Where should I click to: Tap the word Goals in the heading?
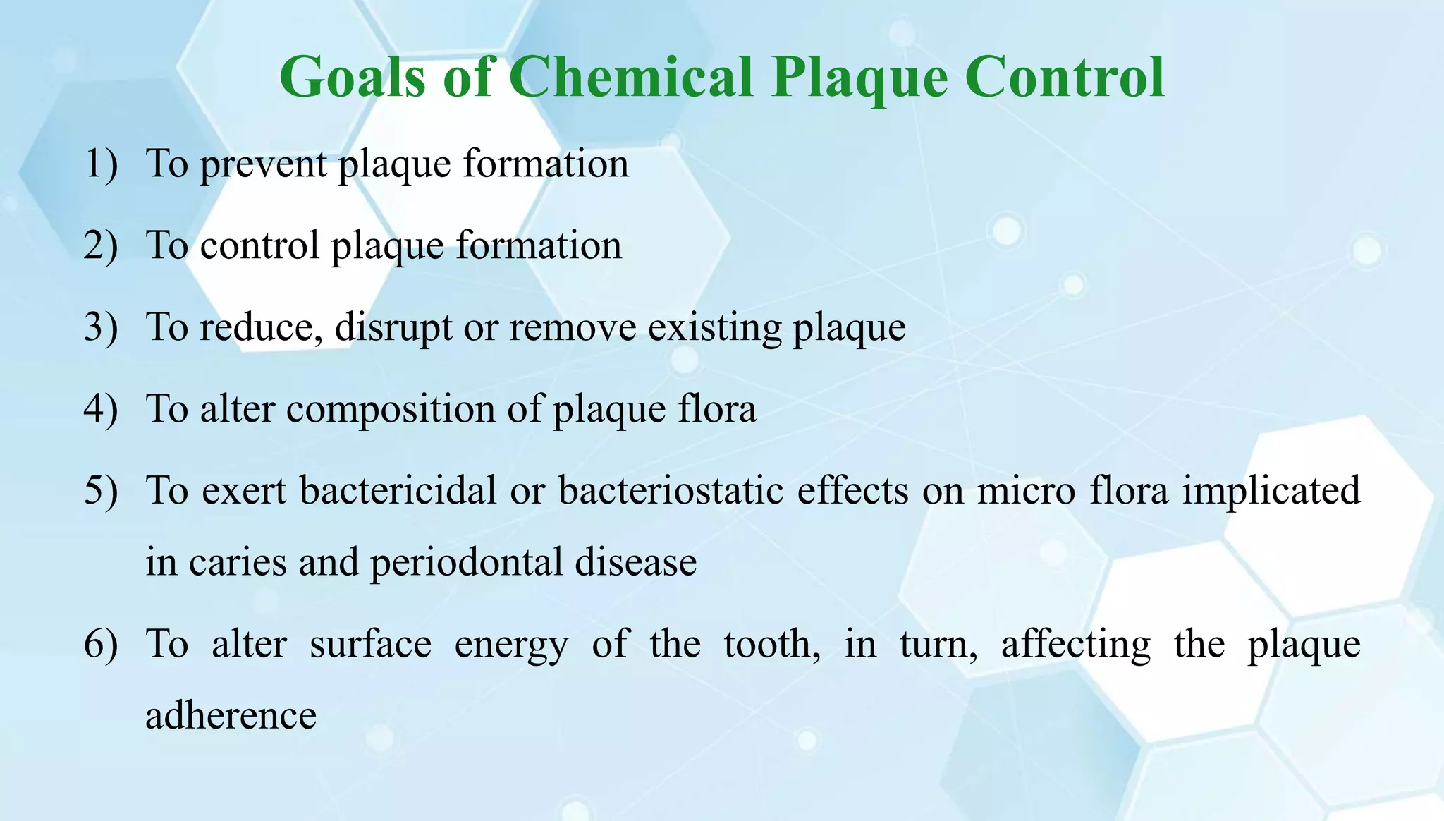click(353, 77)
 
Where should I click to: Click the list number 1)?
click(101, 164)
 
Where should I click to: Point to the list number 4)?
click(101, 410)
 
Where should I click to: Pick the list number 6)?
click(101, 645)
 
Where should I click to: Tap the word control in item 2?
click(259, 246)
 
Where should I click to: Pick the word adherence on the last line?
click(231, 716)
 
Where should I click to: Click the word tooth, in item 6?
click(772, 645)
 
